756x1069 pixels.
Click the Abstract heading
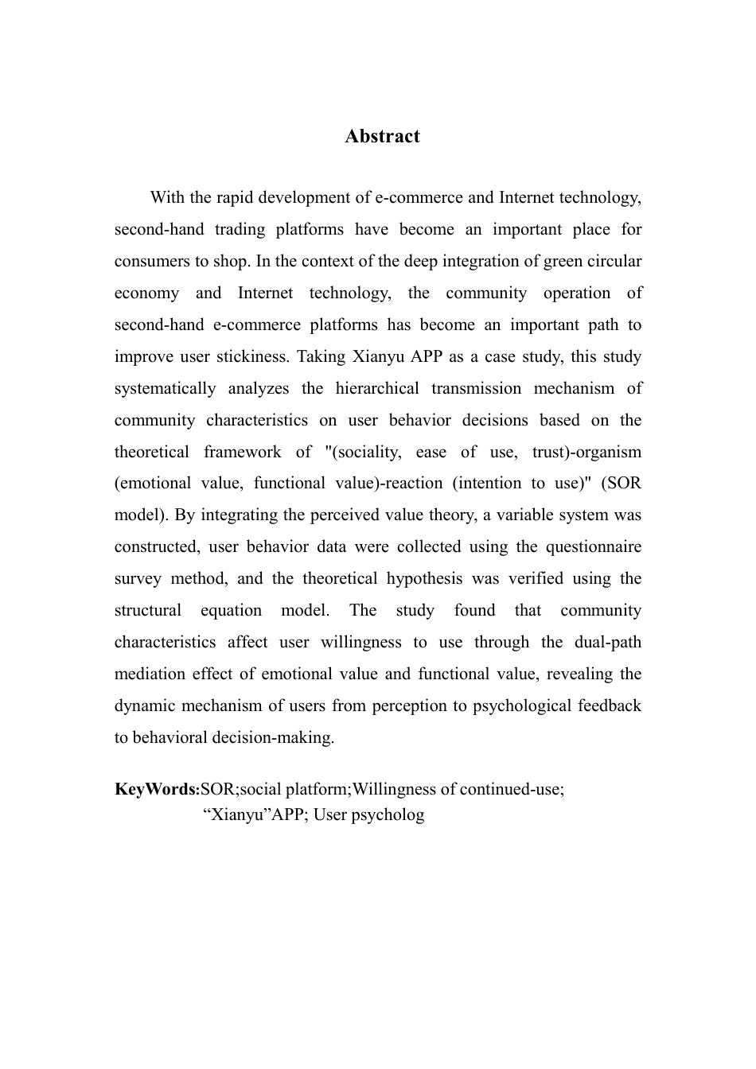click(382, 137)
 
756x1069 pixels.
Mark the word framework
click(242, 453)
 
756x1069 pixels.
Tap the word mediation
click(150, 674)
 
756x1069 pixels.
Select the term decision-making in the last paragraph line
click(273, 738)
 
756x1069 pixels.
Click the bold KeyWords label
click(156, 790)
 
